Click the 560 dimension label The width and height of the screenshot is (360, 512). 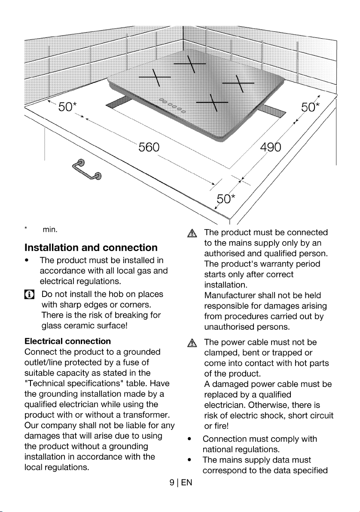149,147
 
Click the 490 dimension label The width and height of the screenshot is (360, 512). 271,147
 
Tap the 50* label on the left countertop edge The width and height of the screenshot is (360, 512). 67,107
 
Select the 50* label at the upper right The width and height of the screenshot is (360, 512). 310,107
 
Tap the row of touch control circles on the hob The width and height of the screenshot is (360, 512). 172,105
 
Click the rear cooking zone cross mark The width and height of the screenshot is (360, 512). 189,64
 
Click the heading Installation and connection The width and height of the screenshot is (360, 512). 91,248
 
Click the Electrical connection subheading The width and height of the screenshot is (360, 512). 67,341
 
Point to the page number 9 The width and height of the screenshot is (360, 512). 172,483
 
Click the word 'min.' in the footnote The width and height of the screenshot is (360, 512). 50,230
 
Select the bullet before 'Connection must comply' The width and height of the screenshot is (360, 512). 189,439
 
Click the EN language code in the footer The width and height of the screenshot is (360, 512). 187,483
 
